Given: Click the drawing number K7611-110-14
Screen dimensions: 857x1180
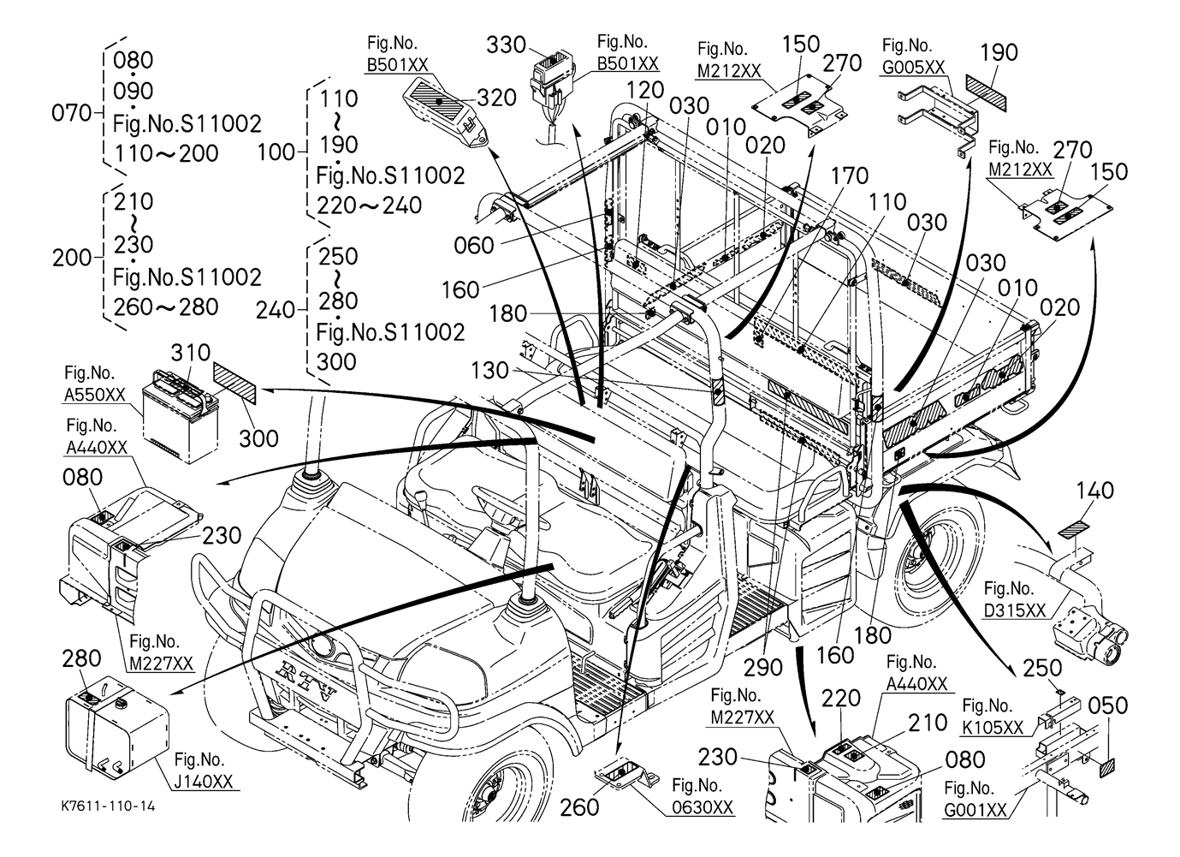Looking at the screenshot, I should [108, 806].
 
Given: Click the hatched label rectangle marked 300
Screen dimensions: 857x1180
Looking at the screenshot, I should [235, 383].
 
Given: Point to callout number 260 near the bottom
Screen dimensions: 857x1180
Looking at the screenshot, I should [581, 806].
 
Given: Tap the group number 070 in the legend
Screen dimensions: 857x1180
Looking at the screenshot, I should [70, 112].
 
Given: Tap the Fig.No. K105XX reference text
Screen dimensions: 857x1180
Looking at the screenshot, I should [993, 717].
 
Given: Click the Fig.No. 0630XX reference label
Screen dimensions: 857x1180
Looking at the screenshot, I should [703, 795].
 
